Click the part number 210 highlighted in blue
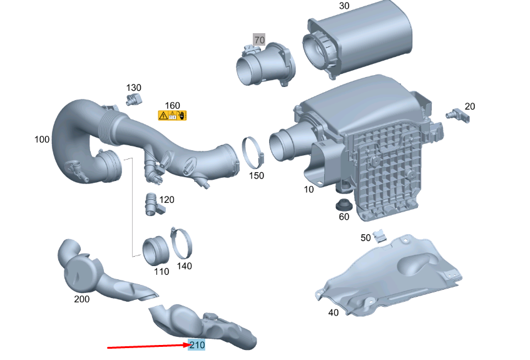click(196, 345)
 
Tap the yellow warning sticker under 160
click(172, 115)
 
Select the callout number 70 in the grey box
click(259, 39)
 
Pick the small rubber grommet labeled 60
click(344, 205)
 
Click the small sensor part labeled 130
click(134, 100)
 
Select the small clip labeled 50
click(380, 235)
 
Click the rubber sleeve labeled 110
click(155, 251)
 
